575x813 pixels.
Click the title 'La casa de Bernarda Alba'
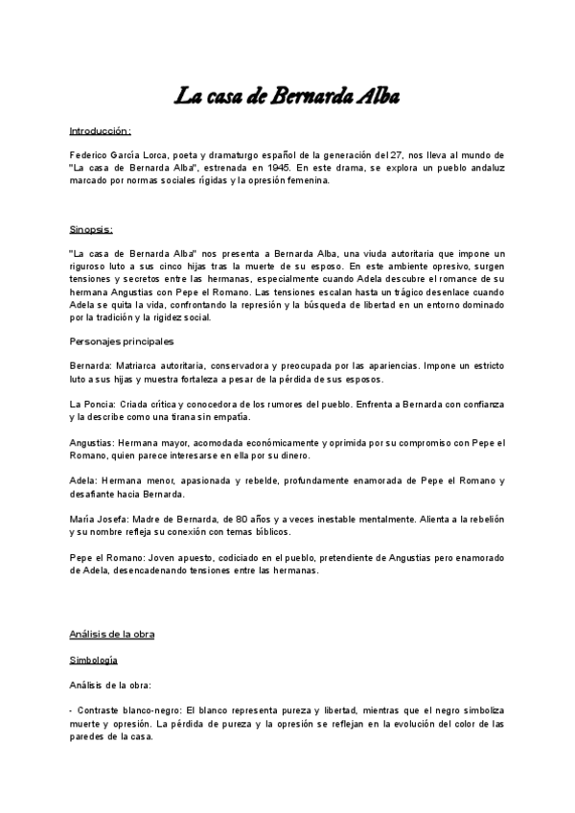(287, 96)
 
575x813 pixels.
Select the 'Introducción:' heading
(100, 129)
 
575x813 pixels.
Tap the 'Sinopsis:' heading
(91, 229)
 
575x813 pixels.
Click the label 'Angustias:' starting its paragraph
(93, 442)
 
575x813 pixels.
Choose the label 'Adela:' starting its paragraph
(83, 479)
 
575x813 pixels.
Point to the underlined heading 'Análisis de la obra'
(111, 634)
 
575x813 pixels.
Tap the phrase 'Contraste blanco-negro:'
(114, 711)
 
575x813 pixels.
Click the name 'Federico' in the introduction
(89, 154)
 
